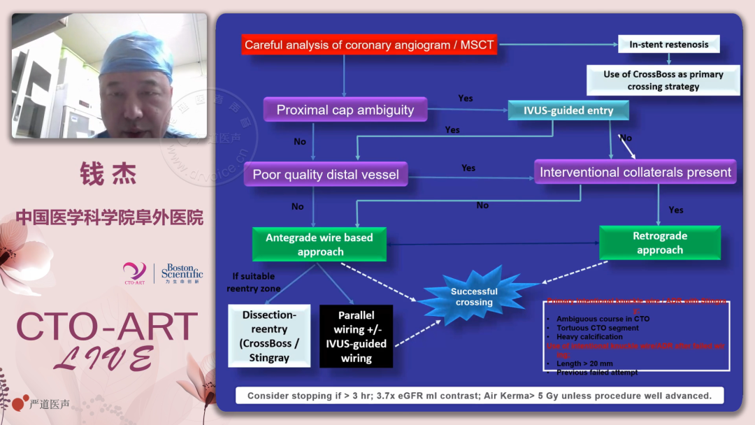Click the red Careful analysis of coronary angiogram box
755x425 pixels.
point(369,45)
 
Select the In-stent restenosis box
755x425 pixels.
point(668,44)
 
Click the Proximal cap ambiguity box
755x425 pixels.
point(345,110)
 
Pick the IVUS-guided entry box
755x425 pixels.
point(568,110)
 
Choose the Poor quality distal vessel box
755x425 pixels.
point(325,175)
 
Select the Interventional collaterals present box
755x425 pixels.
point(635,172)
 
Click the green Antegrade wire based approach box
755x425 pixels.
point(319,245)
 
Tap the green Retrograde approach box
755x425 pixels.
point(659,243)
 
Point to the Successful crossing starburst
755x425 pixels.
point(474,296)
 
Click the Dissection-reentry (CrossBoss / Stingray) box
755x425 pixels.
point(269,335)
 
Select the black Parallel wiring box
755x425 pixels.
point(356,336)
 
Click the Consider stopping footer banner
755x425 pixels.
point(479,396)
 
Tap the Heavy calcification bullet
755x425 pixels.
point(589,337)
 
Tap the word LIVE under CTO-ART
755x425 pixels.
point(105,358)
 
